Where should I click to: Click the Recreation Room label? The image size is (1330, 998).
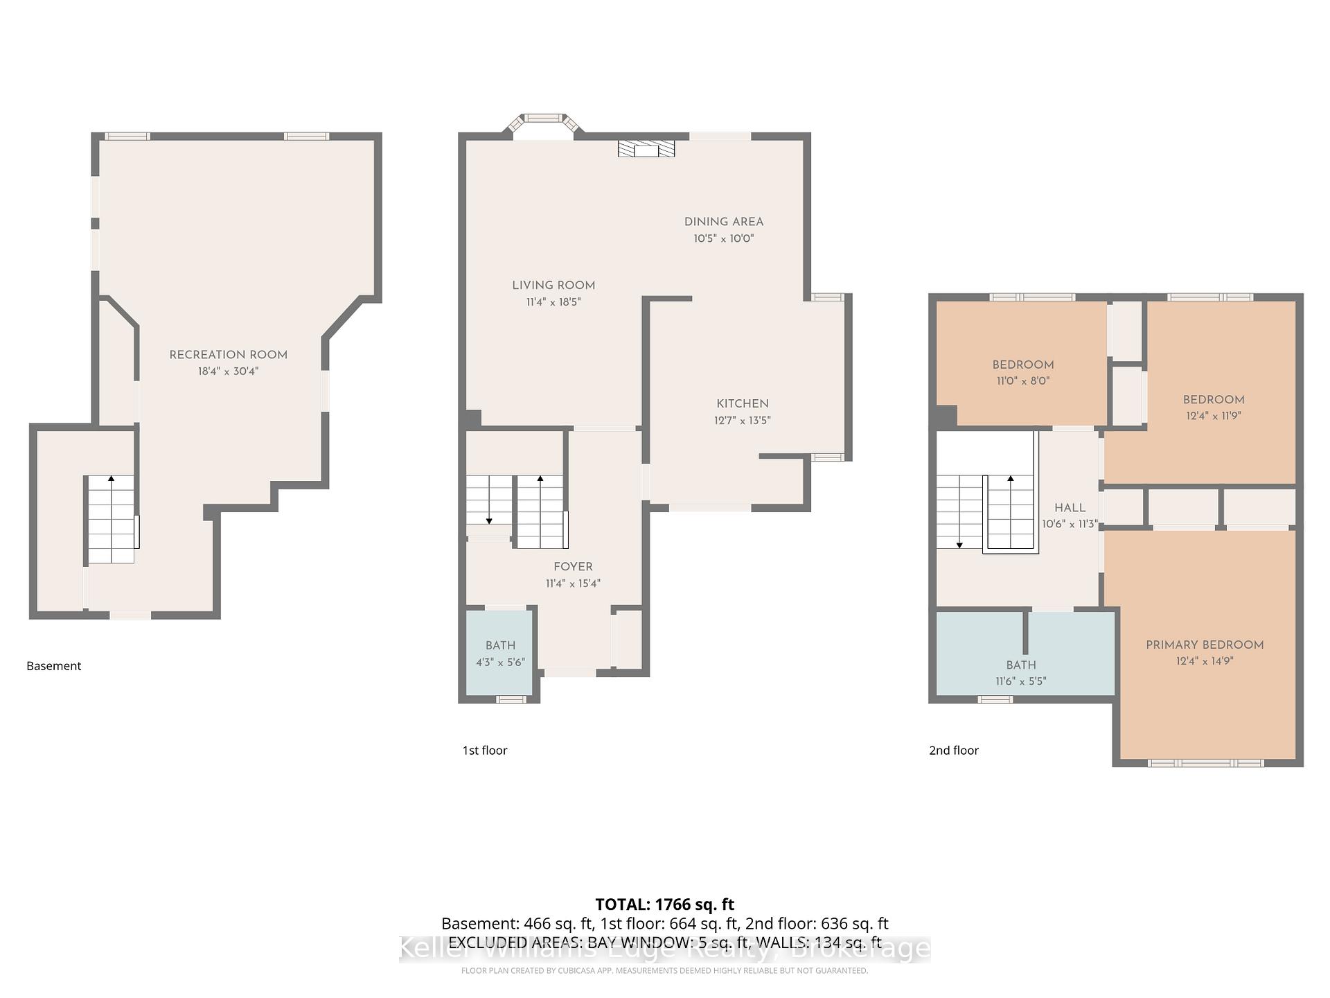[228, 355]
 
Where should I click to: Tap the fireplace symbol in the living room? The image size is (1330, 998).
[646, 149]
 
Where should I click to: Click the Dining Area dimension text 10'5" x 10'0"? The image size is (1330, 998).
[723, 238]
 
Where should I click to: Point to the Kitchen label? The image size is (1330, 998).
[742, 403]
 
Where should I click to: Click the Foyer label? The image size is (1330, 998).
[573, 567]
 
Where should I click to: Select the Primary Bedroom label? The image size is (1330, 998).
[1204, 645]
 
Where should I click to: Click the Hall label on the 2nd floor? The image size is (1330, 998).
[1070, 508]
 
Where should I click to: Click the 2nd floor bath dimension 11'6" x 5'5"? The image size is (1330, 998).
[1020, 681]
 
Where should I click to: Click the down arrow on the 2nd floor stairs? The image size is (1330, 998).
[959, 544]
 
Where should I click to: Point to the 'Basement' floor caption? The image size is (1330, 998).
[54, 666]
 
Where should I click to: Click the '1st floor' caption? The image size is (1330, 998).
[485, 751]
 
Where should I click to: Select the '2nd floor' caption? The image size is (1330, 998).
[953, 751]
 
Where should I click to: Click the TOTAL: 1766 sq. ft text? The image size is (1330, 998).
[664, 904]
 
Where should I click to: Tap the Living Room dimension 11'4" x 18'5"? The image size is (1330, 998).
[553, 302]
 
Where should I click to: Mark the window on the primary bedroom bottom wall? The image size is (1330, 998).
[1205, 763]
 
